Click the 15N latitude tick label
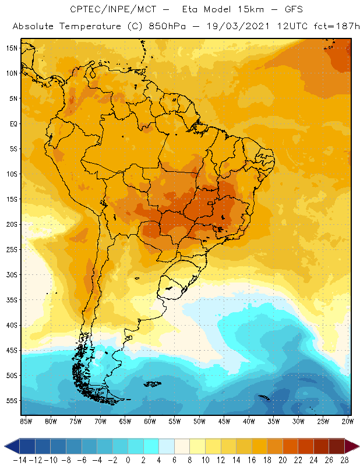[x=11, y=48]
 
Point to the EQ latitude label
[x=12, y=123]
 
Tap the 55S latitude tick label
[x=11, y=401]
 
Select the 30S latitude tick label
[x=11, y=274]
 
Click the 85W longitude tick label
[x=26, y=421]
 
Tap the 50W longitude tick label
[x=200, y=421]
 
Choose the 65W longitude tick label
[x=125, y=421]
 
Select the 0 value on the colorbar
[x=128, y=460]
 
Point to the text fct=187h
[x=326, y=27]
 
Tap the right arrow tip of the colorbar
[x=356, y=447]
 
